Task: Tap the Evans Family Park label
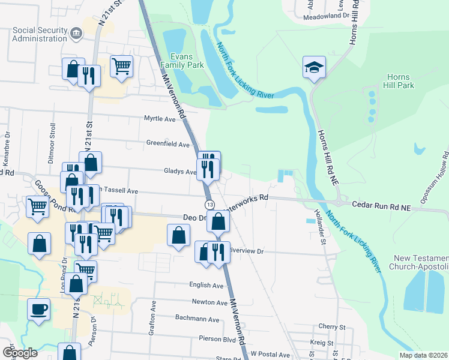tap(185, 58)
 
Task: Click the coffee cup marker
tap(39, 310)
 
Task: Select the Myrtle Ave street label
tap(160, 119)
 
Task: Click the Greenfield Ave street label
tap(168, 144)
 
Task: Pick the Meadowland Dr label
tap(327, 16)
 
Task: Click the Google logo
tap(20, 352)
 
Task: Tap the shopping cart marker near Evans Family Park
tap(121, 65)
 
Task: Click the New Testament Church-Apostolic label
tap(421, 262)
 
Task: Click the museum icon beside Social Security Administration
tap(76, 32)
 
